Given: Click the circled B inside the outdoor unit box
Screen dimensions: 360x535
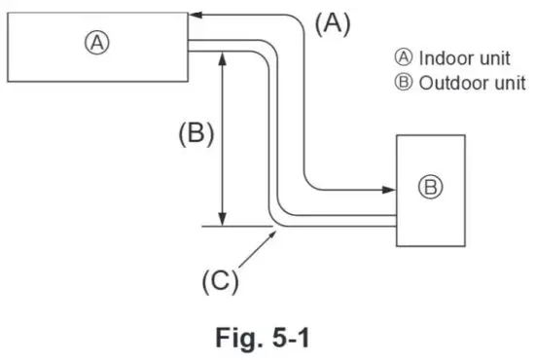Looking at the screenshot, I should pos(429,188).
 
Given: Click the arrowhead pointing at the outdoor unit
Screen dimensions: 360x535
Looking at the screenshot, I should pos(387,185).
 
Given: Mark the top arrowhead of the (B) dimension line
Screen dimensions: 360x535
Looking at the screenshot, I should pos(226,57).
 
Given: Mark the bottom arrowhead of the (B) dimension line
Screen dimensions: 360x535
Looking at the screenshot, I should pos(226,221).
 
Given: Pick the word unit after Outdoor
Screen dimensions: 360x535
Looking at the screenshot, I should pos(505,83).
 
